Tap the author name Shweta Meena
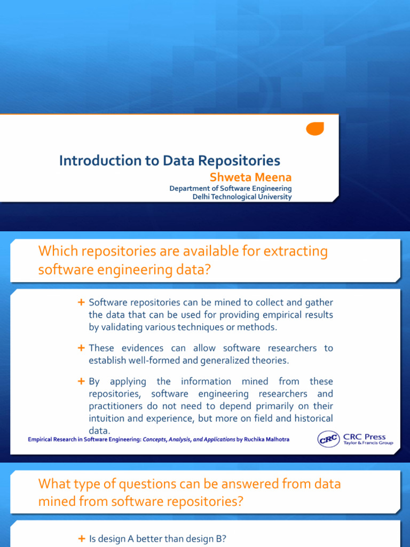coord(258,177)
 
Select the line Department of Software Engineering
coord(231,189)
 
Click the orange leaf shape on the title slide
coord(315,128)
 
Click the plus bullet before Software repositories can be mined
coord(81,303)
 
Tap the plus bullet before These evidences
coord(81,348)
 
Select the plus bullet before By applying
coord(81,381)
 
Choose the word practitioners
coord(118,406)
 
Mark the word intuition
coord(108,418)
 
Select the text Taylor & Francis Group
coord(368,443)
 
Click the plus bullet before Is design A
coord(81,538)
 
